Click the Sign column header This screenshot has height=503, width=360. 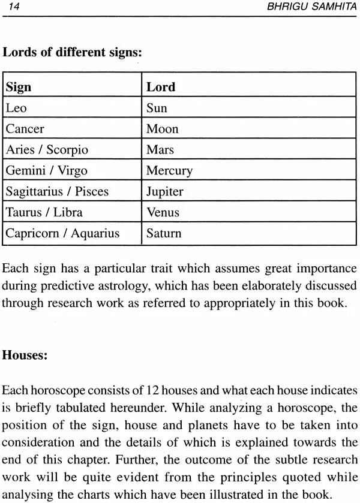[x=19, y=87]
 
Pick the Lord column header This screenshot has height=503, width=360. [x=161, y=87]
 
